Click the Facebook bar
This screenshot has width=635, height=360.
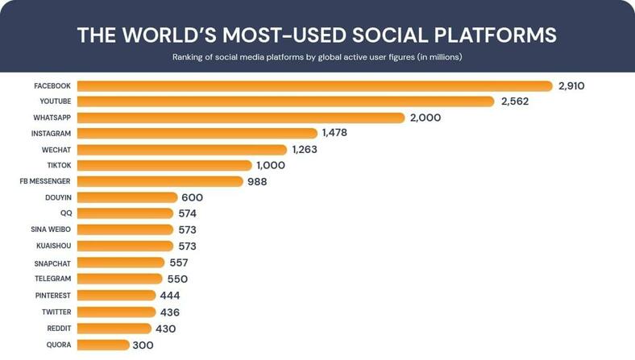[x=314, y=86]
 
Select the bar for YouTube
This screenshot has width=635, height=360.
[x=285, y=101]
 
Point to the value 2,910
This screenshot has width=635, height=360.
[x=571, y=86]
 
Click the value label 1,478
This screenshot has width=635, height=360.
[x=334, y=133]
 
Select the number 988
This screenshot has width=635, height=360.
[x=257, y=182]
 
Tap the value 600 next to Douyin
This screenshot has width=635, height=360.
[x=192, y=197]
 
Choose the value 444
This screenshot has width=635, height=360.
[x=170, y=296]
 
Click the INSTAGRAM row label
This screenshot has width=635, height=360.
[x=51, y=134]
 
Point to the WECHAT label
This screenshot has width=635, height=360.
[x=56, y=150]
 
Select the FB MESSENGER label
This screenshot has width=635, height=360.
[x=45, y=182]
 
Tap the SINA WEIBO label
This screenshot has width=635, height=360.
[x=51, y=230]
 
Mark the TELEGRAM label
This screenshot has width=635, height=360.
[x=52, y=279]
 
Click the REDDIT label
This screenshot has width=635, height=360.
[x=59, y=329]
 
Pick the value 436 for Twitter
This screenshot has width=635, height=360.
[x=169, y=312]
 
